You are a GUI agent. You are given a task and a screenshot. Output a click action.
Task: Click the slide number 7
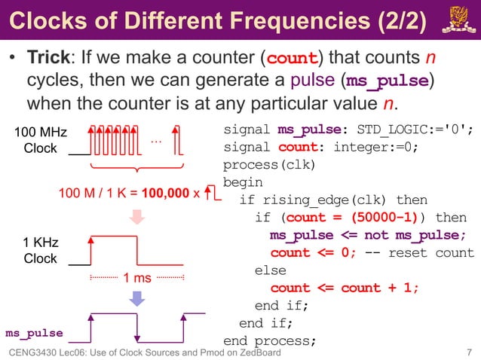[x=469, y=352]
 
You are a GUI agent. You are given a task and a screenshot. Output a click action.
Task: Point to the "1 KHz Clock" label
[x=40, y=250]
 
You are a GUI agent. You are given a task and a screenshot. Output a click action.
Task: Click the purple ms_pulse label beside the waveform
[x=34, y=332]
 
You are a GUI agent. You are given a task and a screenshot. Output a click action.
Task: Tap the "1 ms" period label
[x=137, y=278]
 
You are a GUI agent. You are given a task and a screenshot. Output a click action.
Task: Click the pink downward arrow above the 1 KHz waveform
[x=136, y=218]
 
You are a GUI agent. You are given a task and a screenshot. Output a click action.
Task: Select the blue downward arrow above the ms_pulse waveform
[x=136, y=298]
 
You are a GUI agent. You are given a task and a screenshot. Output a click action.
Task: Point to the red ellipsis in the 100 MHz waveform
[x=156, y=141]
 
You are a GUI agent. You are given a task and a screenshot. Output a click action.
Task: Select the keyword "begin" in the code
[x=243, y=182]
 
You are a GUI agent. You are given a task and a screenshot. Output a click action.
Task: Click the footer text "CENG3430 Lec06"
[x=53, y=352]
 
